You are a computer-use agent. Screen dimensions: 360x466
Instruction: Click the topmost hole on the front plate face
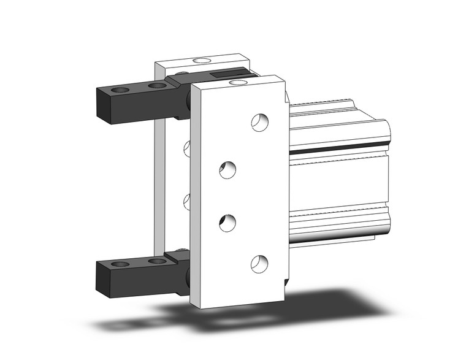tap(260, 122)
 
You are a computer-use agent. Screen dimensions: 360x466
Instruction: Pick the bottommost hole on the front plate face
tap(260, 263)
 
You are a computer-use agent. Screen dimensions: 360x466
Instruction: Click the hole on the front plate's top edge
tap(240, 80)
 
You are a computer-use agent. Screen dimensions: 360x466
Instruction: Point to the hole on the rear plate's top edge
tap(201, 61)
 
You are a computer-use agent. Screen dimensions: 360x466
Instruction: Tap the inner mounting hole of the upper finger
tap(157, 86)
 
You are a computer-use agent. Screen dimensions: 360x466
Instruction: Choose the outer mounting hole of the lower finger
tap(121, 264)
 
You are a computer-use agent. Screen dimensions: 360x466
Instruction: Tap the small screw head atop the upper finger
tap(182, 75)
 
